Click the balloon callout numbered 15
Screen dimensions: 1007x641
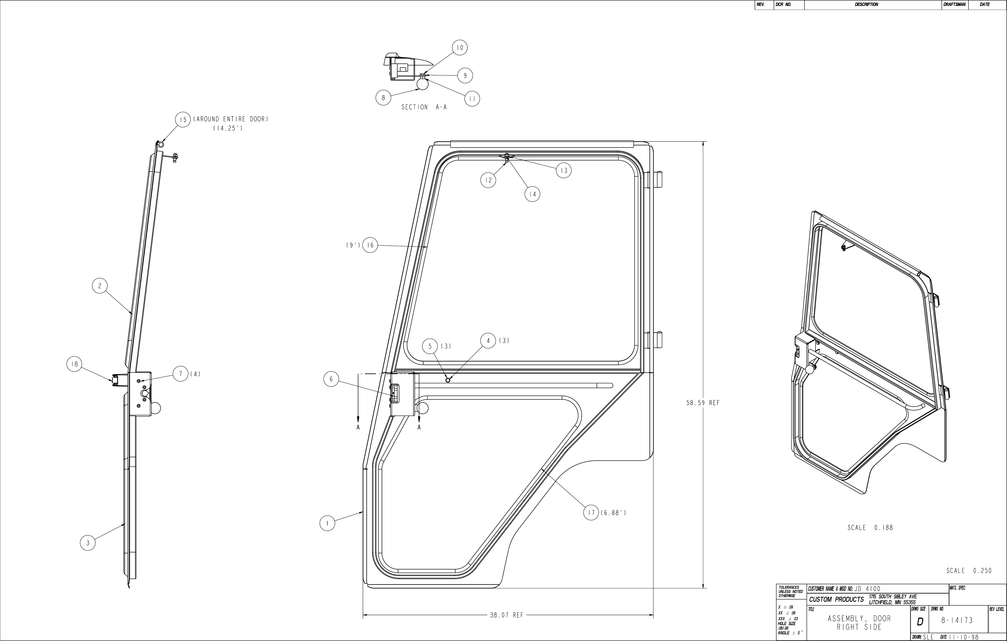click(183, 120)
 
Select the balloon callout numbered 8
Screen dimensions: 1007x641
click(383, 98)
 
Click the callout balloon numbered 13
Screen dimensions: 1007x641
click(564, 170)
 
